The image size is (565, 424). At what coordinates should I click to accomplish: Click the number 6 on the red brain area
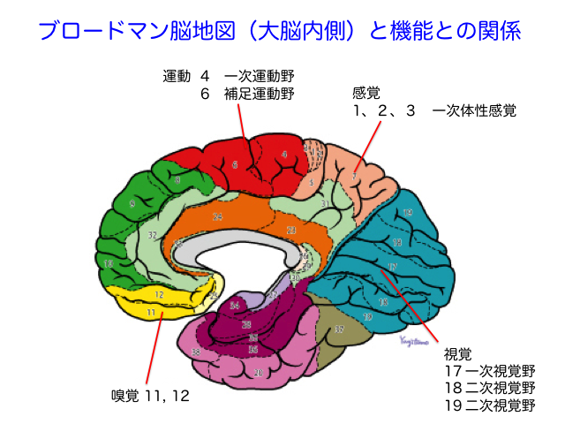point(235,164)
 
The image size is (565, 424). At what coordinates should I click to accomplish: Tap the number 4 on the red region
point(284,155)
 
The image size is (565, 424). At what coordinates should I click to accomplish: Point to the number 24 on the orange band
point(217,216)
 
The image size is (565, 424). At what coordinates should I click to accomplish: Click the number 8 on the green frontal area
point(177,180)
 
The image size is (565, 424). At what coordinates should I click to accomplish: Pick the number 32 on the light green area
point(153,235)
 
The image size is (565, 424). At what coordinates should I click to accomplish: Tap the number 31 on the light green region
point(325,204)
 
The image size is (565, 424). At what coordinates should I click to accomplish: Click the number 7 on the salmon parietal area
point(353,177)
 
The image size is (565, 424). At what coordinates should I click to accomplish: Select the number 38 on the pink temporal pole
point(195,352)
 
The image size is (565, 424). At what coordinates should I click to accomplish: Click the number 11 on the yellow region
point(152,312)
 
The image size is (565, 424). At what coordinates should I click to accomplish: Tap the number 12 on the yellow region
point(160,294)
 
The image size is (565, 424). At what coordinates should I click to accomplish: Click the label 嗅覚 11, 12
point(150,395)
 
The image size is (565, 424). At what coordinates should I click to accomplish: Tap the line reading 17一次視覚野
point(491,370)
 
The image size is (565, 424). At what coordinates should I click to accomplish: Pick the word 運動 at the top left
point(177,75)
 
